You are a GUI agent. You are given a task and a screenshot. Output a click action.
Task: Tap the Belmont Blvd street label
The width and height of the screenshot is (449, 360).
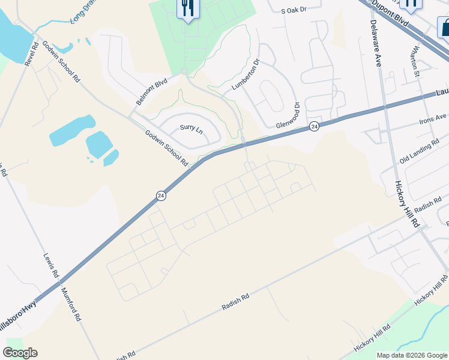[151, 92]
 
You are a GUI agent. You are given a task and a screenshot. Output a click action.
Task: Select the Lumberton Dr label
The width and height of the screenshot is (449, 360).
[245, 75]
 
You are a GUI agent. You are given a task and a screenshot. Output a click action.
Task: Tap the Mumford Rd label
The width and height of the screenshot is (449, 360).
[71, 304]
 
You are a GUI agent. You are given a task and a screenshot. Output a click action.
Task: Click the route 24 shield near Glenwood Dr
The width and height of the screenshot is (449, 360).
[314, 126]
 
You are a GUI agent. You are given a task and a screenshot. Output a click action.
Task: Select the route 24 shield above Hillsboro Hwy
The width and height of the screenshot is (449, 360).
[160, 196]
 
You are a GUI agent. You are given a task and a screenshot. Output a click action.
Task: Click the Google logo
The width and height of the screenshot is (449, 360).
[20, 352]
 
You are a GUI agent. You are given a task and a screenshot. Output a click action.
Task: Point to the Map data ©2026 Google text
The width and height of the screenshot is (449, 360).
[412, 355]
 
